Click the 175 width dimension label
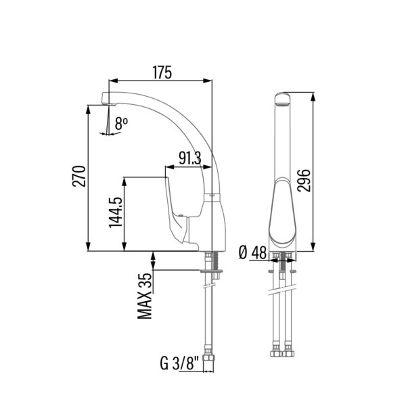pyautogui.click(x=162, y=72)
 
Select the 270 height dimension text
pyautogui.click(x=79, y=176)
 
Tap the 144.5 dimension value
pyautogui.click(x=116, y=212)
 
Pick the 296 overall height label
pyautogui.click(x=304, y=180)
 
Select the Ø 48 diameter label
pyautogui.click(x=252, y=252)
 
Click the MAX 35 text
pyautogui.click(x=145, y=296)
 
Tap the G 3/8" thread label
pyautogui.click(x=179, y=363)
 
